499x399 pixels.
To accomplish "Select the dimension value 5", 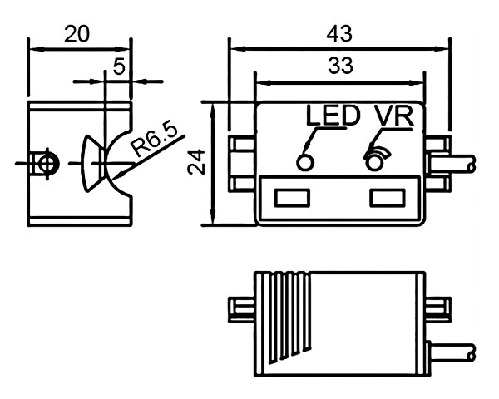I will (119, 66).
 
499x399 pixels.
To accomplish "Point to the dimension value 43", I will (339, 33).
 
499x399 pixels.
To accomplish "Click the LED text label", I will (333, 116).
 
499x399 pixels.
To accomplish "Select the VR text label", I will (393, 116).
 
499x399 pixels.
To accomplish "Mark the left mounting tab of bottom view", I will (240, 308).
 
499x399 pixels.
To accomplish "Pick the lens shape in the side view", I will (91, 163).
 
